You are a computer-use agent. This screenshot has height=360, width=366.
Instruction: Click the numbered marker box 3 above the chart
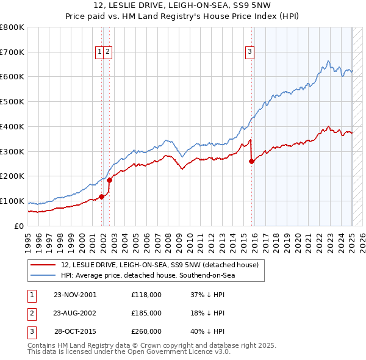[250, 52]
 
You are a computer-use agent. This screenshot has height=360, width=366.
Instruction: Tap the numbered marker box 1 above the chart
[99, 52]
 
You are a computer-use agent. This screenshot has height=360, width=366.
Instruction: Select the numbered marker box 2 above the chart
[107, 52]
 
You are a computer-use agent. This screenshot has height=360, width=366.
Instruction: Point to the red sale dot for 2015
[252, 161]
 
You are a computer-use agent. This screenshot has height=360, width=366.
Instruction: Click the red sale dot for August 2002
[109, 180]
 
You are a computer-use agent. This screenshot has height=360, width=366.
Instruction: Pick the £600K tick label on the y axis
[12, 77]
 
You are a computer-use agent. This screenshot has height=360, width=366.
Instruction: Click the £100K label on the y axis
[12, 201]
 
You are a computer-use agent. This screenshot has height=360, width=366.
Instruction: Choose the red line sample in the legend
[43, 265]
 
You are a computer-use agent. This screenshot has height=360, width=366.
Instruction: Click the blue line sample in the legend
[43, 275]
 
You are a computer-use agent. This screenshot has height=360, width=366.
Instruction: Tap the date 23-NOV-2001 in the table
[75, 294]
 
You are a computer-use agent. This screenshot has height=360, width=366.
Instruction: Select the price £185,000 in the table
[146, 313]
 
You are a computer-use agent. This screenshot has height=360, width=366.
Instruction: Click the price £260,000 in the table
[146, 332]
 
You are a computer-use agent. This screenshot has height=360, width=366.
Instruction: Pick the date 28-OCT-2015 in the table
[76, 332]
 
